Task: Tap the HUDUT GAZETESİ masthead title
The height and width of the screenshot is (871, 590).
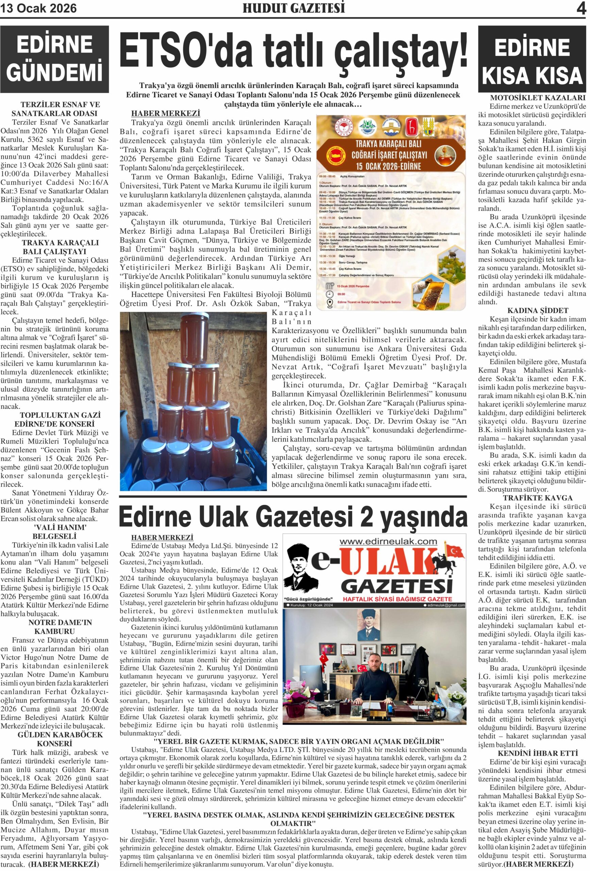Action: point(294,8)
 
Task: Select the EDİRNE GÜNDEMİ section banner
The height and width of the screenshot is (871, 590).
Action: point(54,59)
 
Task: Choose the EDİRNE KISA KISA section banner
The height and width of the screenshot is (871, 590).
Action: point(532,60)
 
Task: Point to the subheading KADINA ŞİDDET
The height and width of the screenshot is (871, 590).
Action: point(532,310)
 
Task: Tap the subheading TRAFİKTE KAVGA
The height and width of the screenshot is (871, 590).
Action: point(532,498)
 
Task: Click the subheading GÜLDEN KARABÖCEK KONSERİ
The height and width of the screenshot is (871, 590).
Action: point(55,739)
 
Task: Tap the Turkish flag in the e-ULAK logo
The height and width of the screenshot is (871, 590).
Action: point(456,551)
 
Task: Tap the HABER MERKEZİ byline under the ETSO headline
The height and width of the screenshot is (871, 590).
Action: point(166,113)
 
